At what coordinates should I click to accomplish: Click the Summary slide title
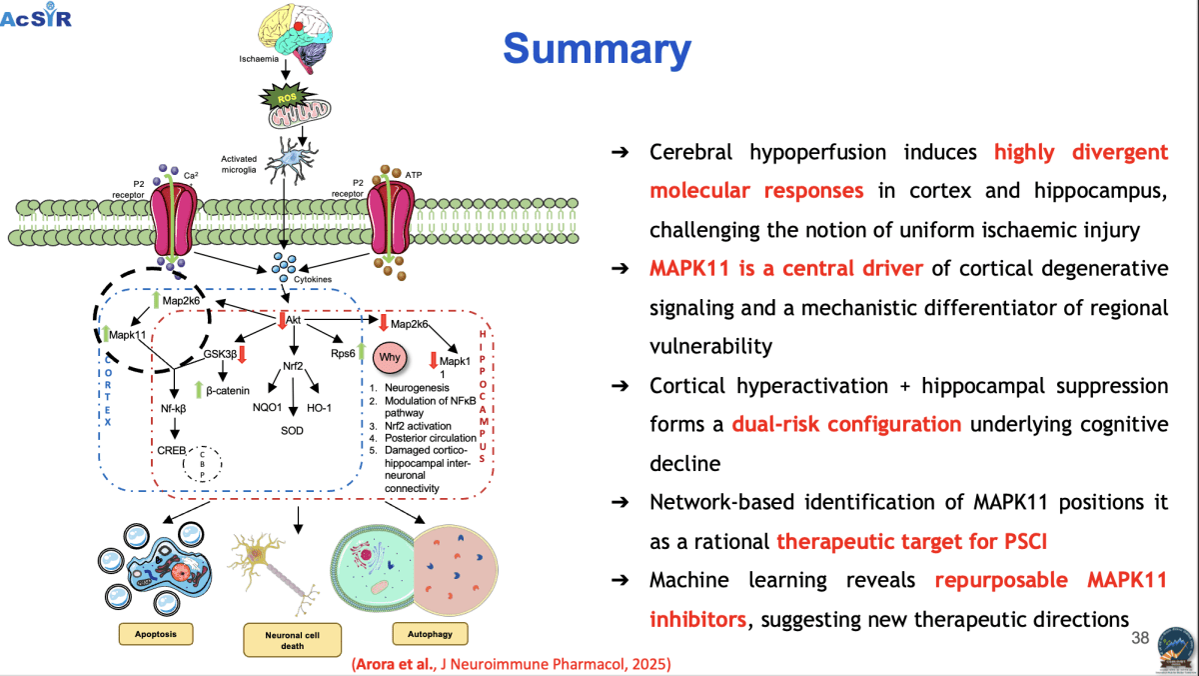[597, 49]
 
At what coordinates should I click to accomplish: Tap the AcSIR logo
[37, 16]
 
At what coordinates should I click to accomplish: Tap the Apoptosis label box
[155, 633]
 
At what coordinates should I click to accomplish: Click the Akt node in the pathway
[294, 320]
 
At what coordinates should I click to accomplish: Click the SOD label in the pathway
[292, 429]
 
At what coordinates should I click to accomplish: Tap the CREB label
[172, 451]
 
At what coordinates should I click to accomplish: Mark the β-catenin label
[229, 388]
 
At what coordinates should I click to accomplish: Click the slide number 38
[1139, 638]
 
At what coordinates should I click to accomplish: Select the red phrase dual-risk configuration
[846, 424]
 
